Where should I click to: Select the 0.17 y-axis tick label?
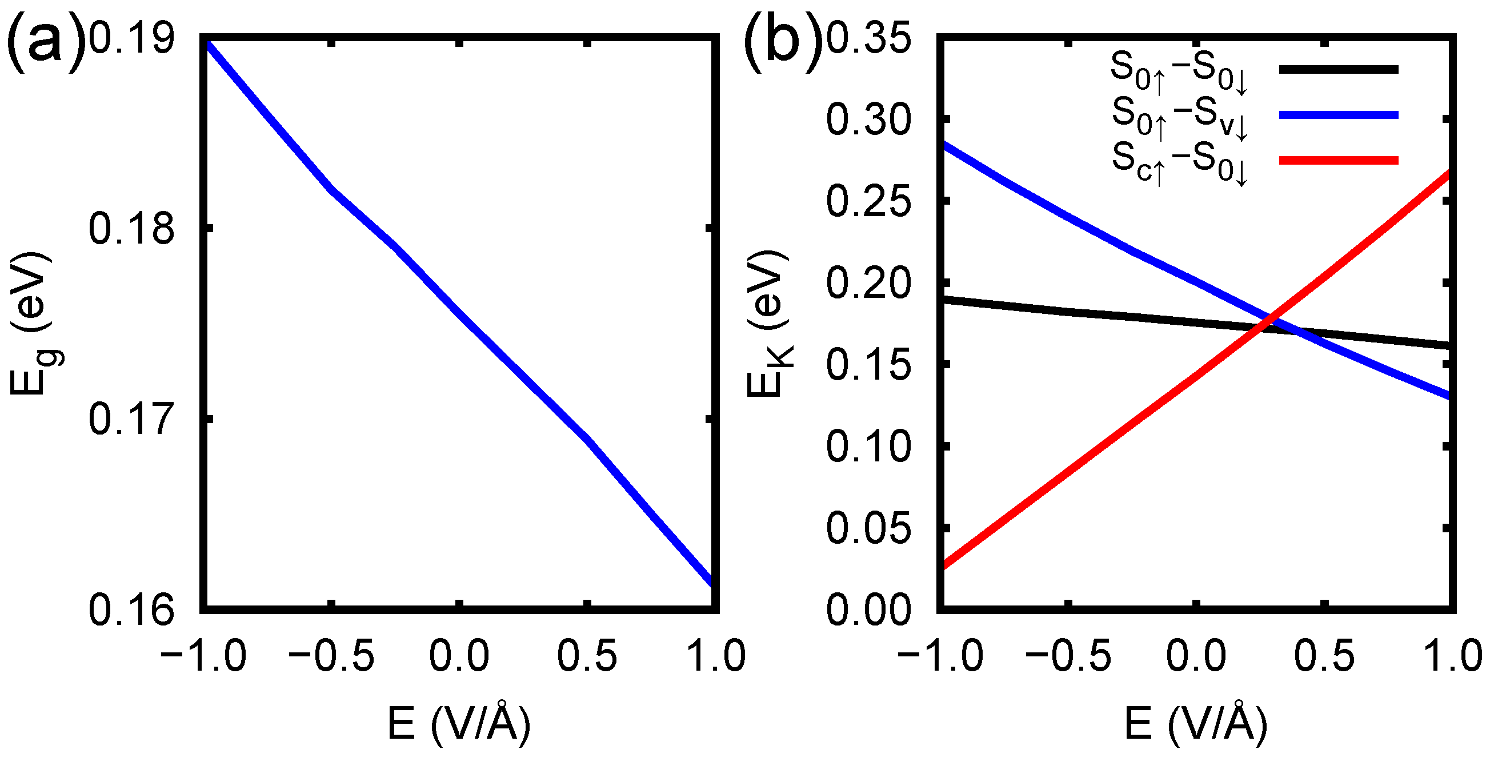[131, 419]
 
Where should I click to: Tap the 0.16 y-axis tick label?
[131, 609]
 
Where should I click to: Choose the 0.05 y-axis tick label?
[868, 528]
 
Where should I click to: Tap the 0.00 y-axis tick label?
[868, 609]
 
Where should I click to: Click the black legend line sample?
[1338, 69]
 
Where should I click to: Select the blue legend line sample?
[1338, 115]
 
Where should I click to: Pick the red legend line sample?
[1338, 160]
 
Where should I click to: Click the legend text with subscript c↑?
[1180, 162]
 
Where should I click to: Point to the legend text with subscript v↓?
[1180, 117]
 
